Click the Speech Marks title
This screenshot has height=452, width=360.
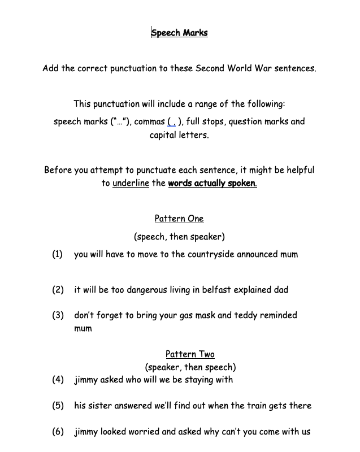point(180,33)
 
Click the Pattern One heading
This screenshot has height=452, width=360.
point(179,219)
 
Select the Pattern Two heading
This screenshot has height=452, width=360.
point(190,354)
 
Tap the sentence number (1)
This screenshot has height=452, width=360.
point(58,254)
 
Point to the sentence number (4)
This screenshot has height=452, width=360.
point(58,380)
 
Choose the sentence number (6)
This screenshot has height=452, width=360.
point(58,432)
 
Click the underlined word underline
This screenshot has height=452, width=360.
point(131,183)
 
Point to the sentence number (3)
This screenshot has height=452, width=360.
point(58,315)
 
